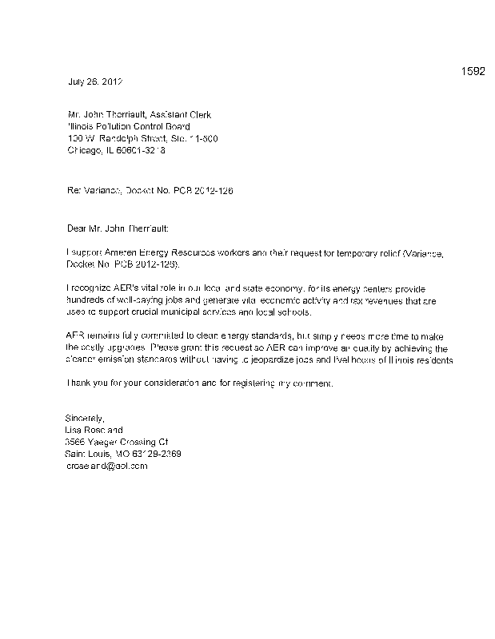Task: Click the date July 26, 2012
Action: [x=94, y=82]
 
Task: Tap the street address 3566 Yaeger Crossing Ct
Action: [x=116, y=442]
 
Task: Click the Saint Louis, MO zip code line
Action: [x=122, y=454]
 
